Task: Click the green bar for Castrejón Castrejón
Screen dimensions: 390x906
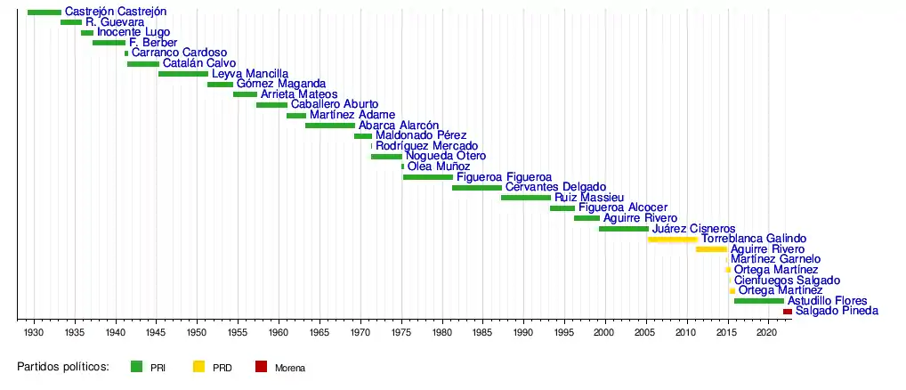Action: click(x=44, y=12)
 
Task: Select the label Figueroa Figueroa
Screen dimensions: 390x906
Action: click(x=504, y=177)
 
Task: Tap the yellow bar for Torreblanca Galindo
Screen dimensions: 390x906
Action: click(x=673, y=239)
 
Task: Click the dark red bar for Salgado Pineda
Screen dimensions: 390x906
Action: click(x=787, y=311)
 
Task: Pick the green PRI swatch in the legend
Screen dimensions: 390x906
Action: click(x=136, y=366)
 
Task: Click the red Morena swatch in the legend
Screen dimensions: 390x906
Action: click(x=261, y=366)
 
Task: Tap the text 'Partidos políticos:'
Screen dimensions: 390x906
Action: click(x=62, y=366)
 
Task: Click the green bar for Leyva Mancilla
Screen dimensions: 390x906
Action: click(x=182, y=74)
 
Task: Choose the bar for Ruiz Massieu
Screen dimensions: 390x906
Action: click(x=525, y=198)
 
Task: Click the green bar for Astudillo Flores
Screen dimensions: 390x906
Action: click(x=758, y=301)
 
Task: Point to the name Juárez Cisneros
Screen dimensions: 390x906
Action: click(x=693, y=229)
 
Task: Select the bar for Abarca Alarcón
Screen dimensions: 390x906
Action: click(x=329, y=126)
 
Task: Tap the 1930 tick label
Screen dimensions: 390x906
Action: click(x=34, y=332)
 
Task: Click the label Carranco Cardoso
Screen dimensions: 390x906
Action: click(x=179, y=53)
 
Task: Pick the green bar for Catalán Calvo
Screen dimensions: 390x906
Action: click(x=142, y=64)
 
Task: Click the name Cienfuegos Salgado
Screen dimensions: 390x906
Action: click(x=787, y=280)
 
